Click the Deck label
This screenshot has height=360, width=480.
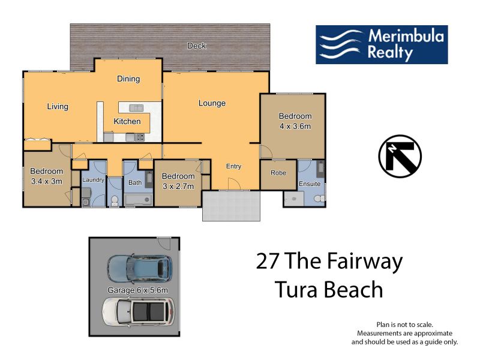197,46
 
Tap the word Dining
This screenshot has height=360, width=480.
128,79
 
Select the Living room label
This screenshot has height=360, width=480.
58,107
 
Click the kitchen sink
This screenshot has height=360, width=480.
136,108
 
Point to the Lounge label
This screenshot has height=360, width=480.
212,103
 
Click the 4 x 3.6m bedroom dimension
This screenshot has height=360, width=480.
295,126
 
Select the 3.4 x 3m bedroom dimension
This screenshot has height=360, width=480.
47,181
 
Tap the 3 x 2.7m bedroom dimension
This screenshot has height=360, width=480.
178,186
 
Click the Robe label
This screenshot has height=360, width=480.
278,173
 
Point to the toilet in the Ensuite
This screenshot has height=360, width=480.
319,199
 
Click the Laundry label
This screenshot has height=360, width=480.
93,180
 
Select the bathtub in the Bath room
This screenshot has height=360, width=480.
139,200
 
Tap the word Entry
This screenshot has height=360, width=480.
233,166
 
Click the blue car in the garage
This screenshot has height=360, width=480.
139,268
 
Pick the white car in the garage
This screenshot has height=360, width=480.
139,312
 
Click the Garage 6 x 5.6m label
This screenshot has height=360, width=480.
138,290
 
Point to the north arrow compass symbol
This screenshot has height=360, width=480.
400,157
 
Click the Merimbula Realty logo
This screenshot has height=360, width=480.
382,44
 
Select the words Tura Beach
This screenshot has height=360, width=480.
329,289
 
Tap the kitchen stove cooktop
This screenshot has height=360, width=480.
140,137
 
